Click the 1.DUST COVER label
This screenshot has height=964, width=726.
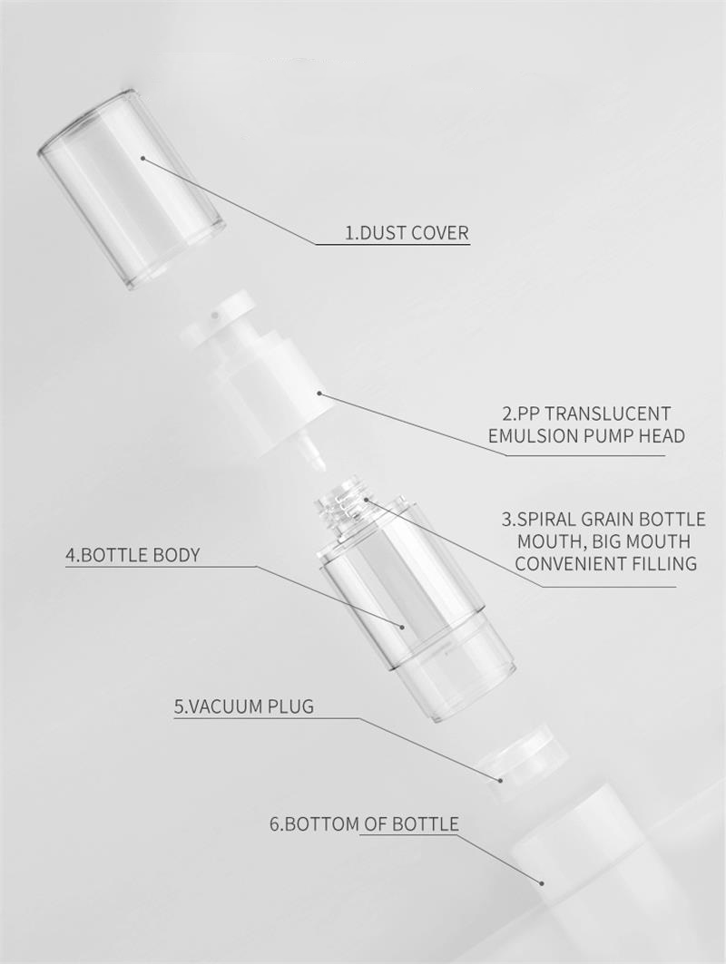tap(407, 233)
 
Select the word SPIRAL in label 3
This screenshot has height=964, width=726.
tap(542, 520)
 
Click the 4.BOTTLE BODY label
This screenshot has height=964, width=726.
tap(132, 555)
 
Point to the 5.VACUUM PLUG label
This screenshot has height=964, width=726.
tap(243, 706)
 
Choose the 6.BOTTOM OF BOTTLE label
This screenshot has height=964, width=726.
tap(364, 823)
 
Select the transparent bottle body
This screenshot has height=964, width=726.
tap(416, 609)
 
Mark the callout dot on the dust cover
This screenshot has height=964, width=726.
tap(142, 158)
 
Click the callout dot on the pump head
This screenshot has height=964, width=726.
tap(320, 393)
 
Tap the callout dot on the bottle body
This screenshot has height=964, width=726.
tap(402, 627)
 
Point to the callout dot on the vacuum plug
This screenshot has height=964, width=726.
tap(500, 780)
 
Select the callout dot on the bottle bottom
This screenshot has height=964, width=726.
tap(542, 883)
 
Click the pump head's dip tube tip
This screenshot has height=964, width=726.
tap(319, 467)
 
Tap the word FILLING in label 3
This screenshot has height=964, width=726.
tap(663, 563)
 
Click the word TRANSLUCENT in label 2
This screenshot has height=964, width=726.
tap(600, 414)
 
